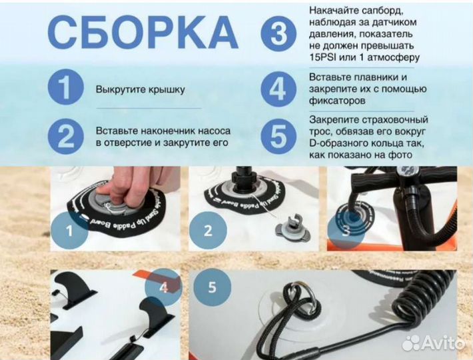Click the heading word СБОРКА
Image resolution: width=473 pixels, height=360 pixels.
(x=143, y=32)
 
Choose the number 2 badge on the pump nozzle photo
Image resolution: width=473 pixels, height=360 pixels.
(x=207, y=231)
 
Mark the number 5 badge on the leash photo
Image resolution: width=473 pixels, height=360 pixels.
(x=212, y=288)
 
